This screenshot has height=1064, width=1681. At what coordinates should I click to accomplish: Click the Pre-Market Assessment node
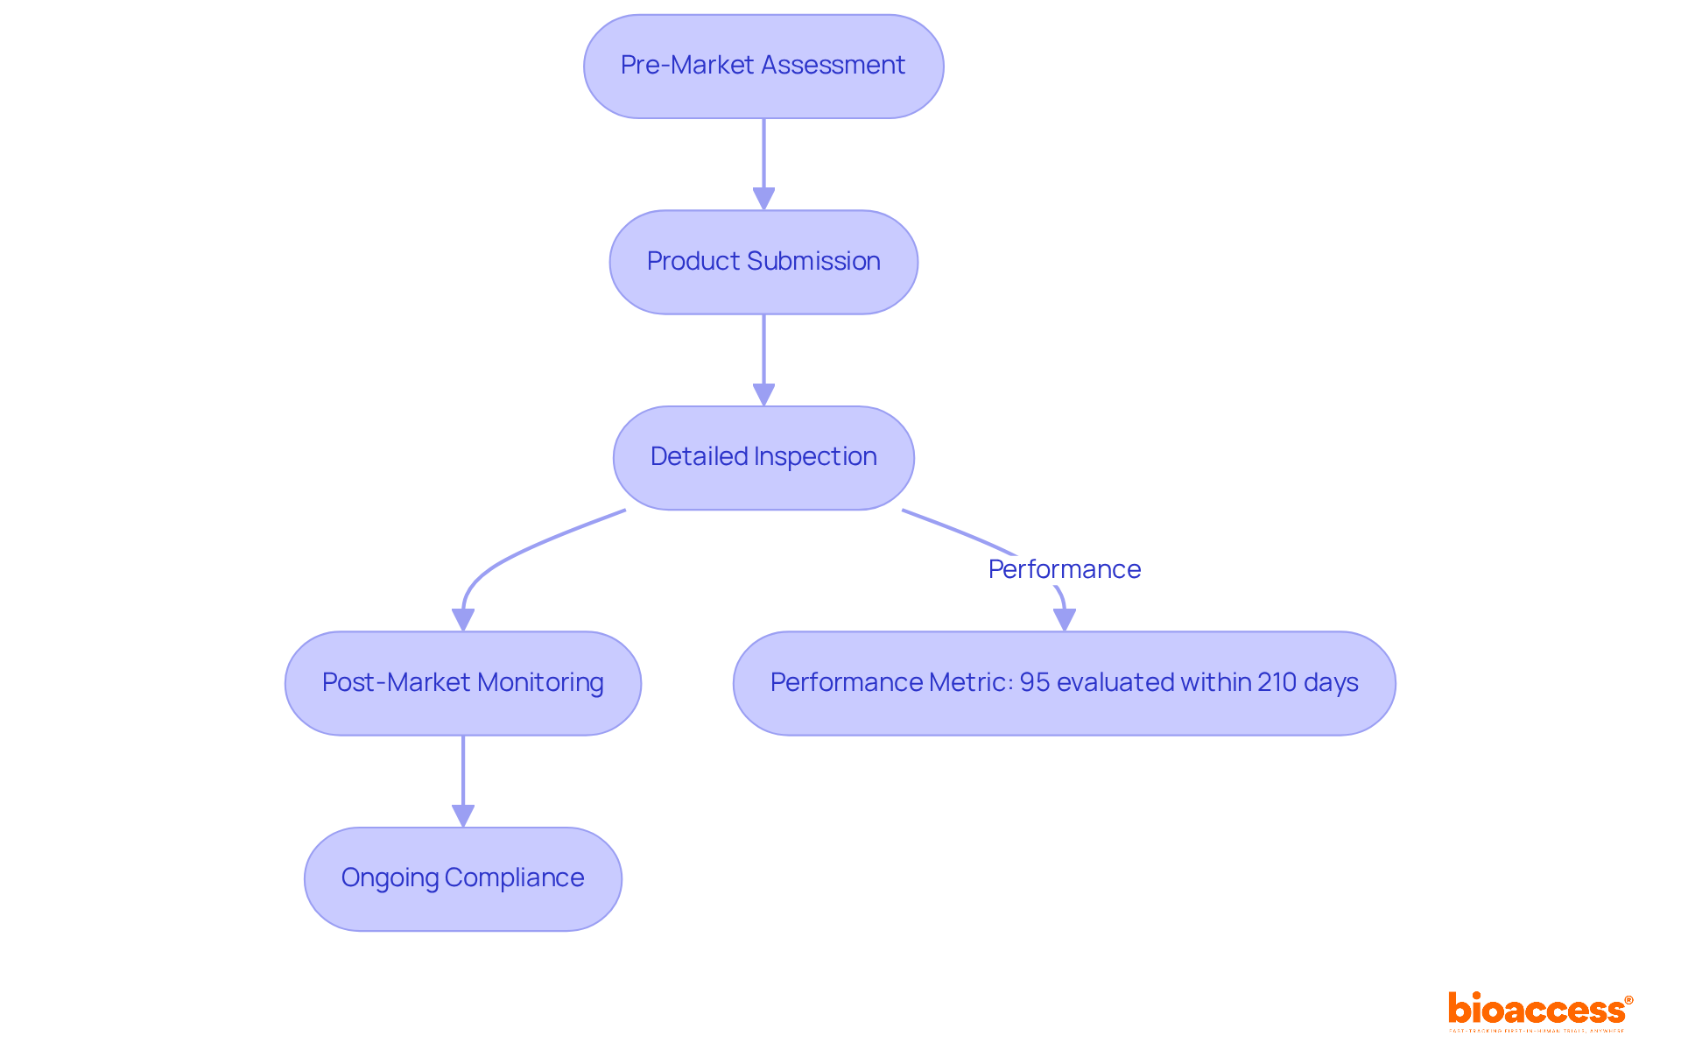coord(763,67)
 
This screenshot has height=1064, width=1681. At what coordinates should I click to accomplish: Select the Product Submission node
coord(763,262)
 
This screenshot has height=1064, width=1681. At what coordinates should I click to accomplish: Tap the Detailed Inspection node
coord(763,458)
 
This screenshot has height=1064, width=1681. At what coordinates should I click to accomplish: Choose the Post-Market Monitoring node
coord(462,683)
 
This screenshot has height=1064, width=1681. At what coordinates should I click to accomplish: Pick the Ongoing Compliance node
coord(462,878)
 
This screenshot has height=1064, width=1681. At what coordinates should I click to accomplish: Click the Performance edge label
coord(1064,569)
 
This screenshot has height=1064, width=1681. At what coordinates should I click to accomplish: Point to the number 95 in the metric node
coord(1034,682)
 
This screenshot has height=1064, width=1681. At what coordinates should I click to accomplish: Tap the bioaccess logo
coord(1539,1011)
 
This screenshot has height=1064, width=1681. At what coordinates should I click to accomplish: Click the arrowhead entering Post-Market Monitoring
coord(462,620)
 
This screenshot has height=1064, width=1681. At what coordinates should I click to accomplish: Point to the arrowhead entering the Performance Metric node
coord(1064,620)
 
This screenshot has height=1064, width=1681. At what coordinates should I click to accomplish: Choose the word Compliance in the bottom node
coord(514,877)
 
